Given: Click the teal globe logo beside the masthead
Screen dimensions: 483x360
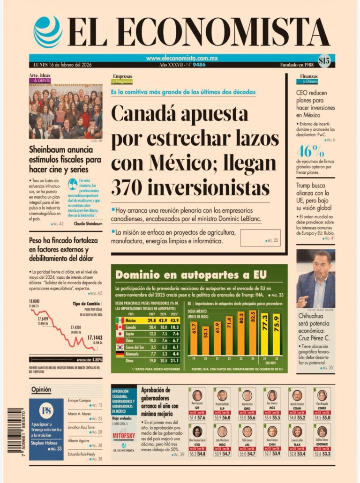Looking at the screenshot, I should (48, 31).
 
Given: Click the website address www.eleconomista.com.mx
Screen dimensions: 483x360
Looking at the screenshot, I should (182, 59).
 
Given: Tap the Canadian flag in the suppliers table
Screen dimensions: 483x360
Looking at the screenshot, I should (120, 327).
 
